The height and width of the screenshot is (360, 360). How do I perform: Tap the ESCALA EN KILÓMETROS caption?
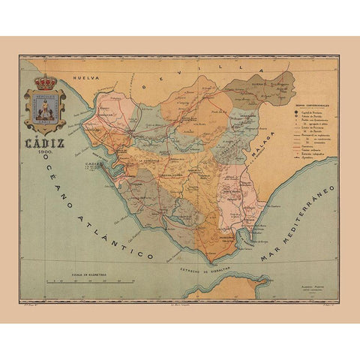[x=79, y=274]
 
